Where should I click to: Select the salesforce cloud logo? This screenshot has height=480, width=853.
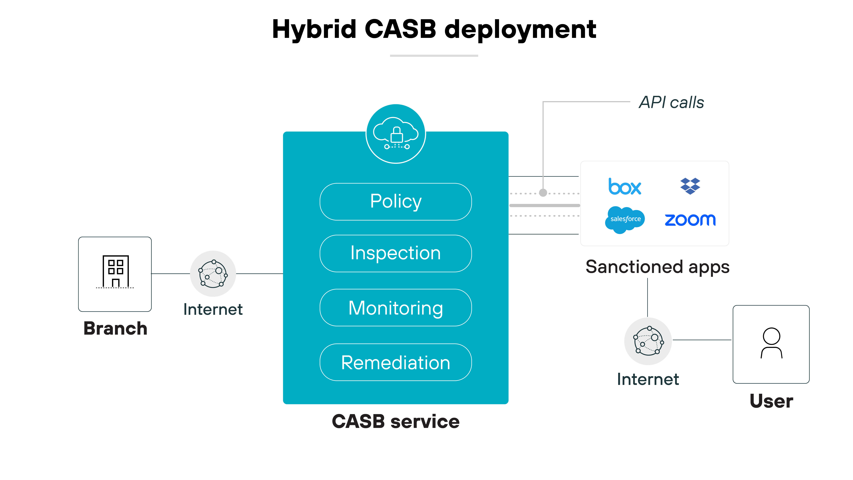pyautogui.click(x=625, y=219)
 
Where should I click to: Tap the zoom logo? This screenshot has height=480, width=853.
pyautogui.click(x=690, y=220)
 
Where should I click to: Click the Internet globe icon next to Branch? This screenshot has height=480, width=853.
pyautogui.click(x=213, y=274)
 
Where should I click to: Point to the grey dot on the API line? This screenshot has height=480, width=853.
pyautogui.click(x=543, y=192)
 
